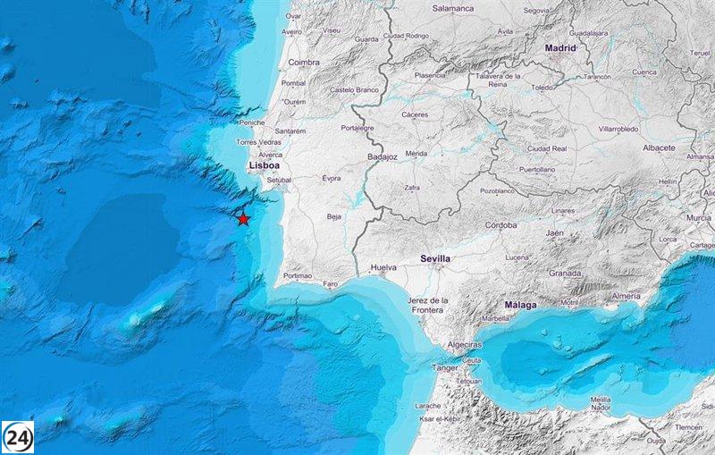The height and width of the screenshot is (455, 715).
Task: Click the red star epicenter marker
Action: [x=243, y=218]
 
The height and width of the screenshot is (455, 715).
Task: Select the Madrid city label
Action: [x=561, y=48]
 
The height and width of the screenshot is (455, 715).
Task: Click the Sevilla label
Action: [x=435, y=258]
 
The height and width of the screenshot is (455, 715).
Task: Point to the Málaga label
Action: [x=520, y=305]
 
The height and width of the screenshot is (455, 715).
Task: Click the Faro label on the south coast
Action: [x=331, y=283]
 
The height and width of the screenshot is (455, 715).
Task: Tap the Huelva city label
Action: [x=383, y=267]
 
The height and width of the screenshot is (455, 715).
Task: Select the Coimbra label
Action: [x=304, y=63]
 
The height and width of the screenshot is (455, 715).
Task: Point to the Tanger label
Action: [x=446, y=367]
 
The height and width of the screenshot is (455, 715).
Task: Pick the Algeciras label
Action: [x=464, y=344]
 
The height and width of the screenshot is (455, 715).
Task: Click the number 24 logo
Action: [x=18, y=436]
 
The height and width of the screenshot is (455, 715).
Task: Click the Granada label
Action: [x=565, y=273]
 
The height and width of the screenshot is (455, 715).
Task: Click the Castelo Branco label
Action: [x=356, y=89]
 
